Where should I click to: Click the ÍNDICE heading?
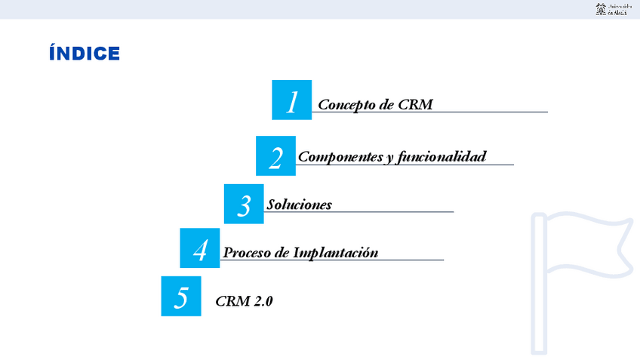click(84, 54)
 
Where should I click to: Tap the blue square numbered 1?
click(291, 100)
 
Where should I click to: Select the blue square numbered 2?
click(275, 156)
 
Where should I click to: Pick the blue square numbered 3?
click(244, 204)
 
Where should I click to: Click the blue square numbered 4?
click(200, 248)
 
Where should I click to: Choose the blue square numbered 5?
click(181, 296)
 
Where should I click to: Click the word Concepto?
click(346, 104)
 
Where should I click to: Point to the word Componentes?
click(340, 157)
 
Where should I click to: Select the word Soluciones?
click(299, 205)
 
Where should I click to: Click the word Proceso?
click(246, 252)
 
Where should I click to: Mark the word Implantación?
click(335, 252)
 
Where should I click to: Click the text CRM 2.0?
click(244, 301)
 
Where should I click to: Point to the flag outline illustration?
click(581, 279)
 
